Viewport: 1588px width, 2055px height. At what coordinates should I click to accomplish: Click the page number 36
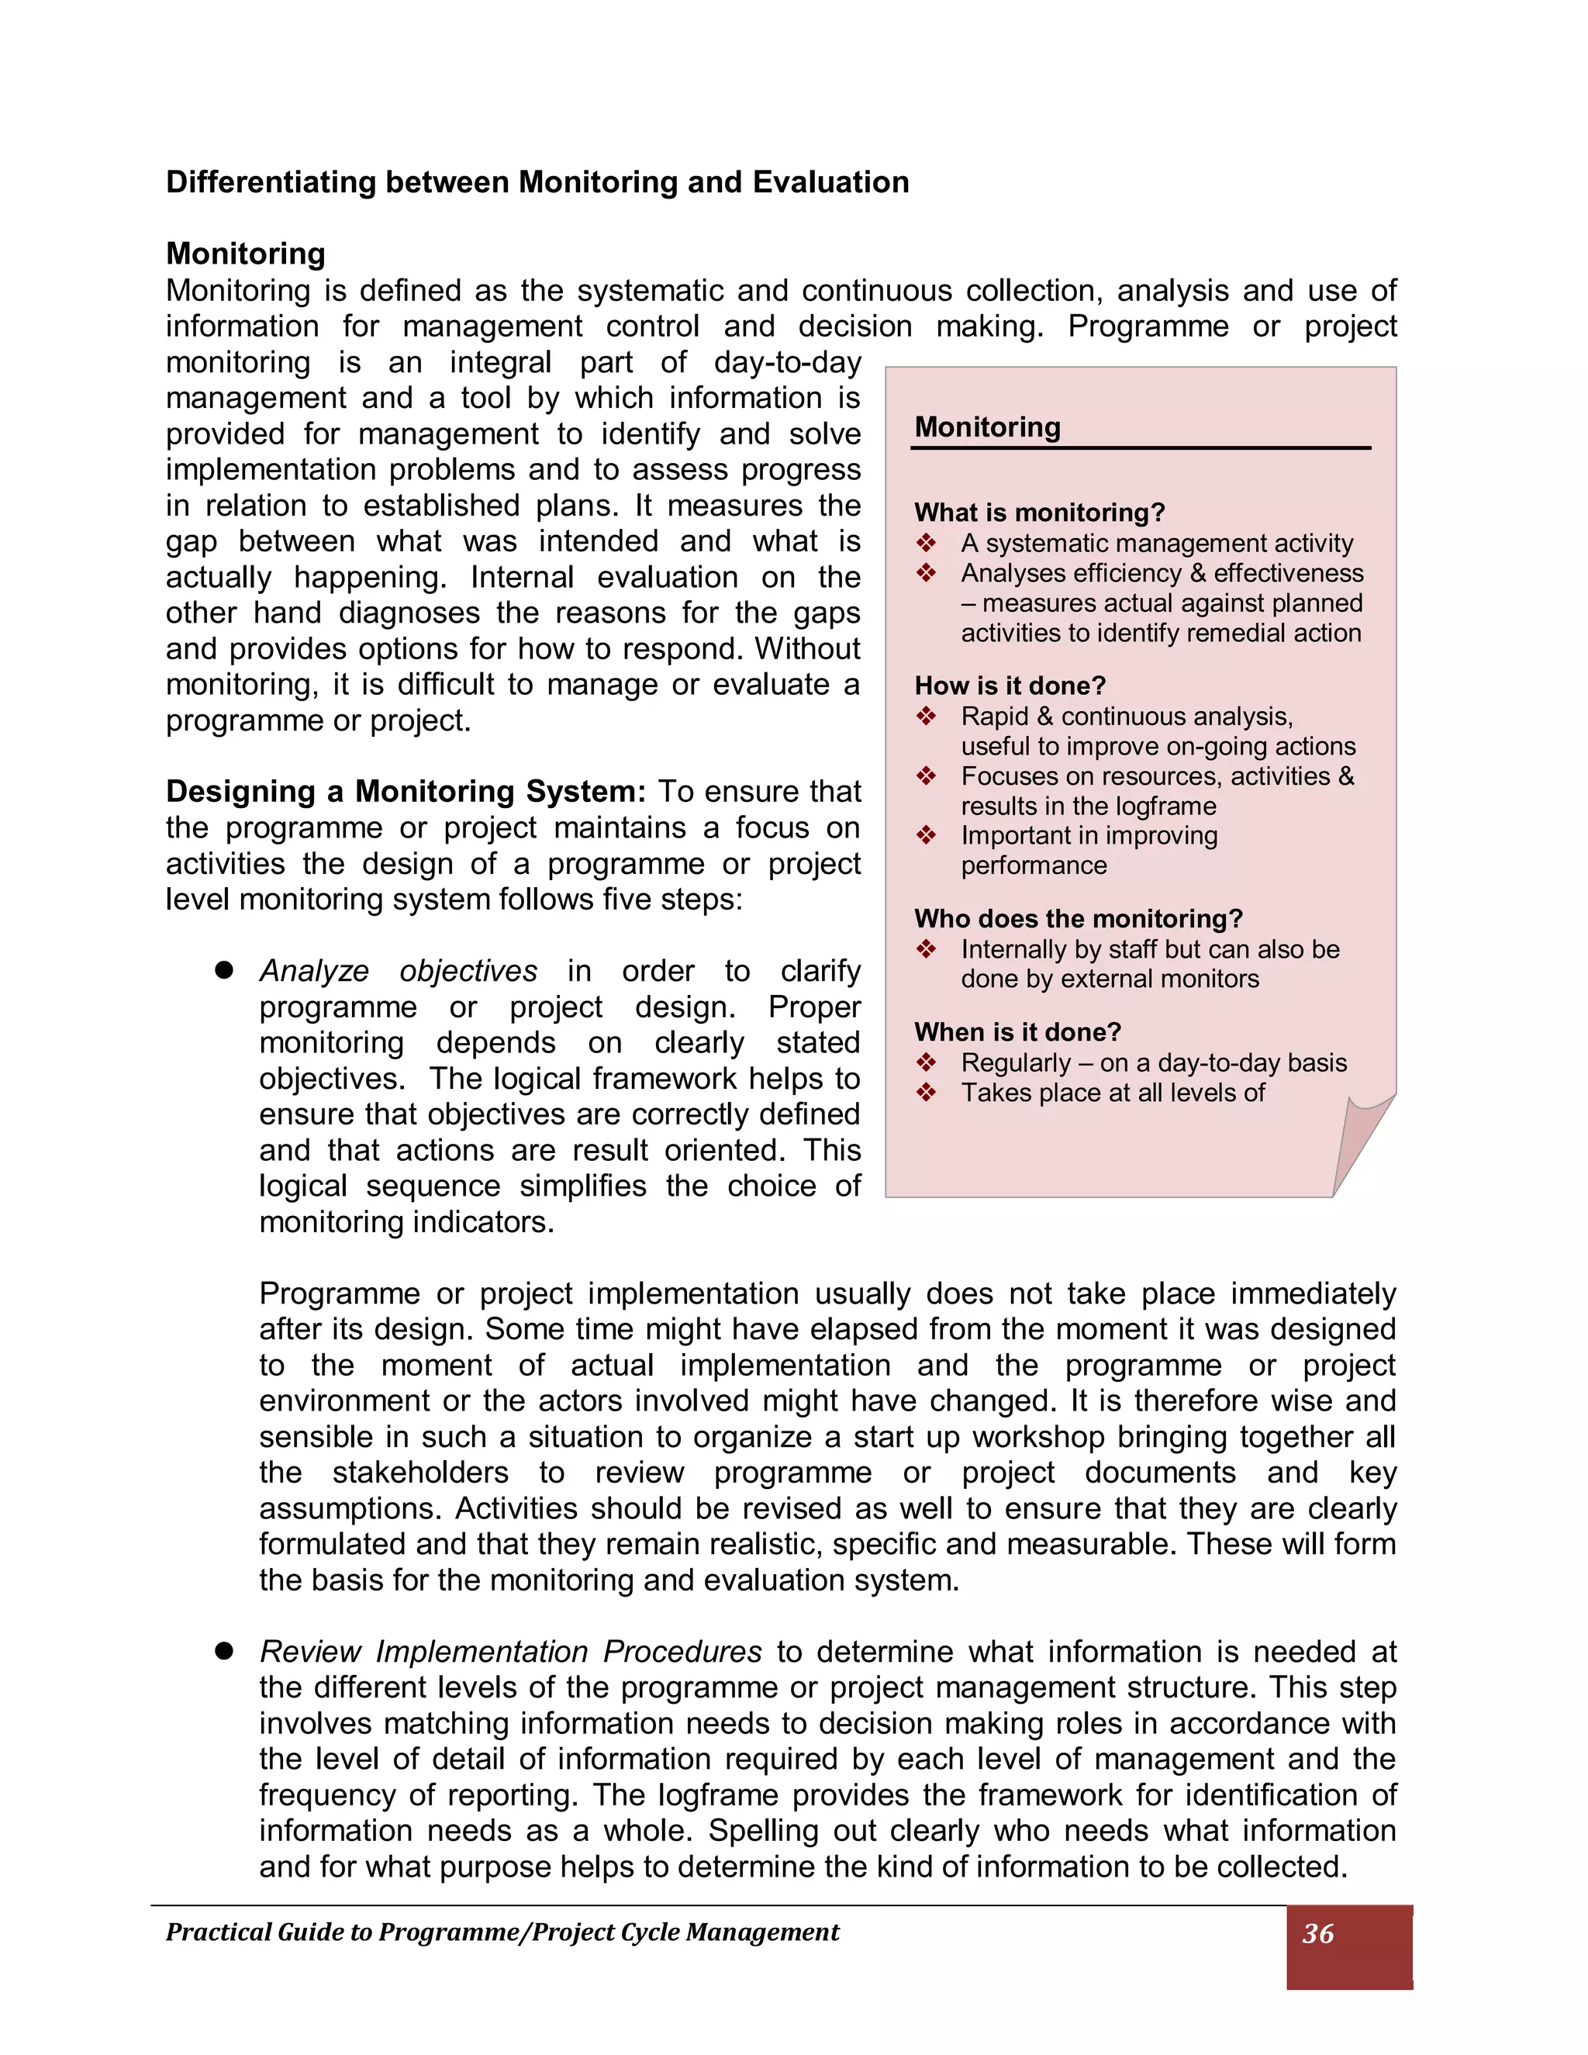click(x=1317, y=1933)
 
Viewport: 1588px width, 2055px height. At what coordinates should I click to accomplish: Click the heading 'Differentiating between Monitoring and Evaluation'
click(x=537, y=182)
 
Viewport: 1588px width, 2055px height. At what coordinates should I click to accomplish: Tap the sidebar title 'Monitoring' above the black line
click(x=987, y=427)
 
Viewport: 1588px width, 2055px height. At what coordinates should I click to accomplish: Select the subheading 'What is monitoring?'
click(x=1040, y=513)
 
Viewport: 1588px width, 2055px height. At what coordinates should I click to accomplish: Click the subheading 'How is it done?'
click(x=1010, y=686)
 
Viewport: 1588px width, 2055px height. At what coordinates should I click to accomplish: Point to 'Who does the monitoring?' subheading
click(x=1078, y=918)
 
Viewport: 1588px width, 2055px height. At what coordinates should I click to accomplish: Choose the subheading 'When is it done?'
click(x=1017, y=1032)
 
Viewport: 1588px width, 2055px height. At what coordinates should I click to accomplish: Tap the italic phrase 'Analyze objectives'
click(x=398, y=971)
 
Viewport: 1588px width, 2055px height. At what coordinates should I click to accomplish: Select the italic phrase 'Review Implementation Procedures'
click(x=510, y=1653)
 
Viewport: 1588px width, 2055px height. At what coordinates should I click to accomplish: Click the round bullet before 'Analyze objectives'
click(x=224, y=970)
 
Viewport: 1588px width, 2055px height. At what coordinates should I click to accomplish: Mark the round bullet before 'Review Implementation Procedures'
click(x=224, y=1651)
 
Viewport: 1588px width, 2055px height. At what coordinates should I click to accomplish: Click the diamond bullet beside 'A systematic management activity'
click(x=927, y=543)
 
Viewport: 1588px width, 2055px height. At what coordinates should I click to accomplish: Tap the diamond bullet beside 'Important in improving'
click(x=927, y=835)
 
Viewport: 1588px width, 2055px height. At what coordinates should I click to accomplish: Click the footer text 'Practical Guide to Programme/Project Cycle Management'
click(x=502, y=1932)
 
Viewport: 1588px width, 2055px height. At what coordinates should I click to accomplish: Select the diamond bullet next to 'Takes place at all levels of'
click(x=927, y=1093)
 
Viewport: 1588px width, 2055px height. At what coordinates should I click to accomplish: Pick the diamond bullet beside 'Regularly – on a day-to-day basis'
click(x=927, y=1062)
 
